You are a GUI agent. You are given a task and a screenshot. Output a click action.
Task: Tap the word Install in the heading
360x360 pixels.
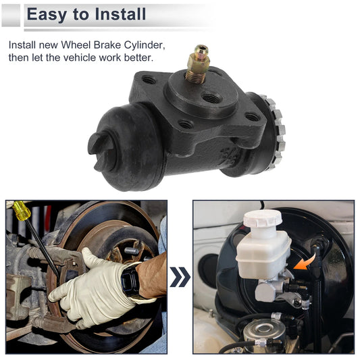(x=119, y=14)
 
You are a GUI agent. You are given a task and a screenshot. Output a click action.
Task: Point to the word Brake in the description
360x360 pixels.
(x=112, y=45)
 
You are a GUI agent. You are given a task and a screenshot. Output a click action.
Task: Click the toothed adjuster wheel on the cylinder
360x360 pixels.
(x=276, y=128)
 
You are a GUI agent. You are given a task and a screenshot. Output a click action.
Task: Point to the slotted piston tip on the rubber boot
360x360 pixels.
(x=99, y=144)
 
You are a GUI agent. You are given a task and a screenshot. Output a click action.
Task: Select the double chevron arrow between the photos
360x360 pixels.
(x=179, y=276)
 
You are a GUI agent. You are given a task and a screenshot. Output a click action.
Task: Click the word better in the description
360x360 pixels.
(x=136, y=57)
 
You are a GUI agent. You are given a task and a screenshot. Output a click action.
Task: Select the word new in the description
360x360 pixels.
(x=49, y=45)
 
